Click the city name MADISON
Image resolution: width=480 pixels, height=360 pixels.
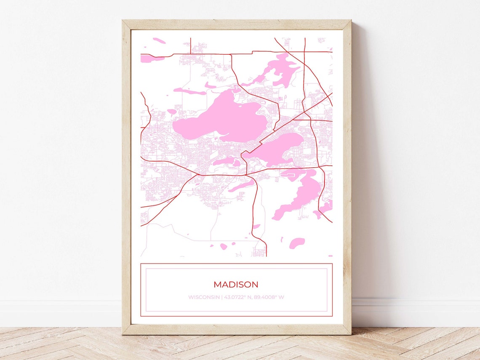coord(236,285)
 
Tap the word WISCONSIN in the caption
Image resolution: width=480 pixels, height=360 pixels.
coord(204,297)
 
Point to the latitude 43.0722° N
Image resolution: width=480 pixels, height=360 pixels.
coord(237,297)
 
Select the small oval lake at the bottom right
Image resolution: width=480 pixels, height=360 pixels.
coord(297,243)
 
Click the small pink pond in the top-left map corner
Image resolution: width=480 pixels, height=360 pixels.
coord(159,40)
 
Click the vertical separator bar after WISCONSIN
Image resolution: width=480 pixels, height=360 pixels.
coord(222,297)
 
